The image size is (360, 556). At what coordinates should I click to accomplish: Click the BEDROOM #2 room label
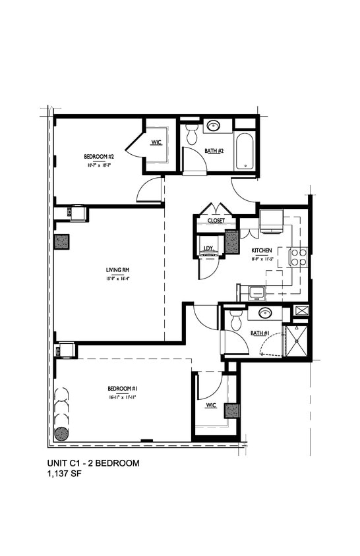pyautogui.click(x=100, y=156)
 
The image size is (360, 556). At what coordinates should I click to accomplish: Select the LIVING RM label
pyautogui.click(x=117, y=269)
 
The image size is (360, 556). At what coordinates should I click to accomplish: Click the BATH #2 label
pyautogui.click(x=214, y=151)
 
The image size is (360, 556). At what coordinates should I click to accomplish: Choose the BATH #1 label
pyautogui.click(x=258, y=333)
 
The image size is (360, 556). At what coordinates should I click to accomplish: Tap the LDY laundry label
pyautogui.click(x=208, y=248)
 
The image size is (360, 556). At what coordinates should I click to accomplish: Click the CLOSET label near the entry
pyautogui.click(x=216, y=221)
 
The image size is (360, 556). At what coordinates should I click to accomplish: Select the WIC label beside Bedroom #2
pyautogui.click(x=156, y=142)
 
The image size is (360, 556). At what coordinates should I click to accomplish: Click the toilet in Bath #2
pyautogui.click(x=193, y=134)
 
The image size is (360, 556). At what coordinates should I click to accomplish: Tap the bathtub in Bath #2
pyautogui.click(x=244, y=151)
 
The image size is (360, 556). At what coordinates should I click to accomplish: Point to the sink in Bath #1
pyautogui.click(x=265, y=313)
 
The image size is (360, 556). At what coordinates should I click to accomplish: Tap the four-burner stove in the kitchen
pyautogui.click(x=297, y=256)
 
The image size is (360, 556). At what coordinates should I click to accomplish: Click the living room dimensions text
pyautogui.click(x=117, y=278)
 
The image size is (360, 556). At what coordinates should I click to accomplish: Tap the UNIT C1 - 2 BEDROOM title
pyautogui.click(x=93, y=463)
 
